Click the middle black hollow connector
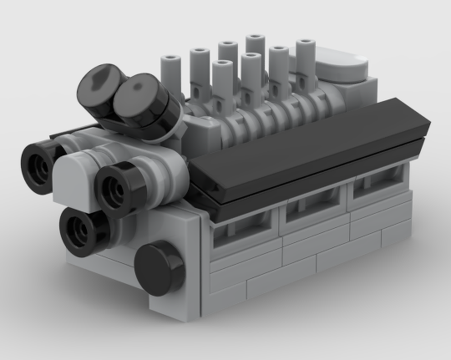click(x=115, y=189)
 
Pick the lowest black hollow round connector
click(x=81, y=231)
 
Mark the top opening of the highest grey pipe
click(x=255, y=37)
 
